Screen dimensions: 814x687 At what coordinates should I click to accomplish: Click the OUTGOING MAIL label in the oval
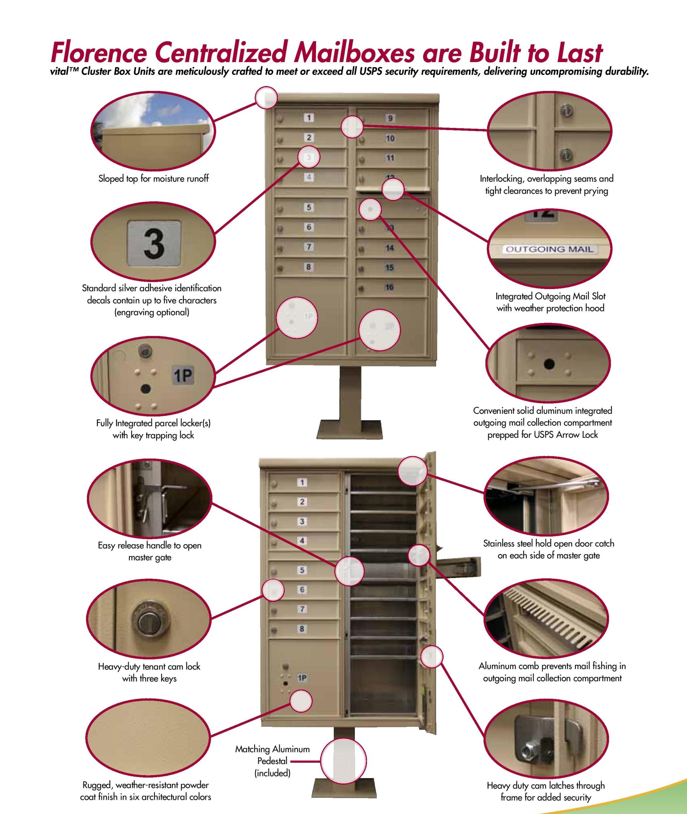click(549, 249)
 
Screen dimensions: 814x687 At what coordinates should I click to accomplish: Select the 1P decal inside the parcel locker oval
click(183, 375)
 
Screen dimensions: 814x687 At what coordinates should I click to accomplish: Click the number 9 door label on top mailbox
click(390, 118)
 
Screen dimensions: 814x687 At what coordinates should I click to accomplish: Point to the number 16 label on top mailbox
click(389, 287)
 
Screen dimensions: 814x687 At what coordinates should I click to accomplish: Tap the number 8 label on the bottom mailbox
click(302, 629)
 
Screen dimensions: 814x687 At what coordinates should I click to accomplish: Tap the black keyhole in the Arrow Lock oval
click(549, 364)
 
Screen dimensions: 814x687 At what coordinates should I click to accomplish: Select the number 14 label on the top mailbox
click(389, 248)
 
